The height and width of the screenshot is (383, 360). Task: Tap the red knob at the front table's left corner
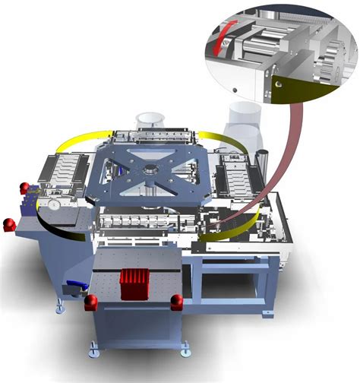tap(90, 302)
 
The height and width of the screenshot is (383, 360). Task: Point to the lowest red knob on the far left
tap(9, 224)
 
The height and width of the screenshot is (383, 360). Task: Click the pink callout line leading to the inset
tap(286, 152)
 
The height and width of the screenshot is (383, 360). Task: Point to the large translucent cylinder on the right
tap(244, 125)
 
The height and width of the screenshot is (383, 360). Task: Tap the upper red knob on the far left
tap(24, 188)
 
